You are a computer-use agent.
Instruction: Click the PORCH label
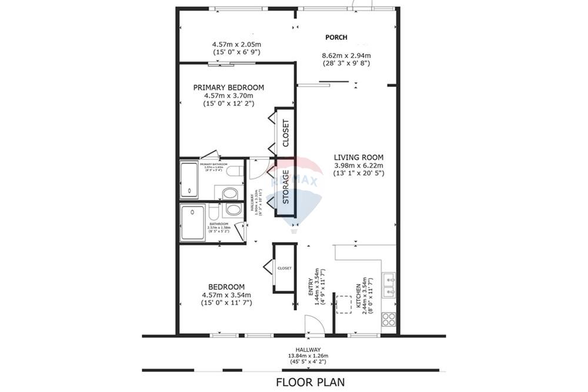(x=336, y=37)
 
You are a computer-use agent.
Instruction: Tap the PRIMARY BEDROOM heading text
(x=229, y=88)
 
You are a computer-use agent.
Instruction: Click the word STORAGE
(x=286, y=187)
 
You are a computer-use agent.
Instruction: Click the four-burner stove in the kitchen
(x=389, y=319)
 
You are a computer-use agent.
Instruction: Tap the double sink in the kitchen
(x=389, y=285)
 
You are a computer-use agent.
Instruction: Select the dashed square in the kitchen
(x=342, y=304)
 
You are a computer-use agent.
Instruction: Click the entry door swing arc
(x=312, y=323)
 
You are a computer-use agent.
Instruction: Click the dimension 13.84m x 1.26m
(x=308, y=356)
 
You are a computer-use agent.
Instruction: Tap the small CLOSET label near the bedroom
(x=285, y=268)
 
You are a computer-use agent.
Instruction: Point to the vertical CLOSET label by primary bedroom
(x=286, y=133)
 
